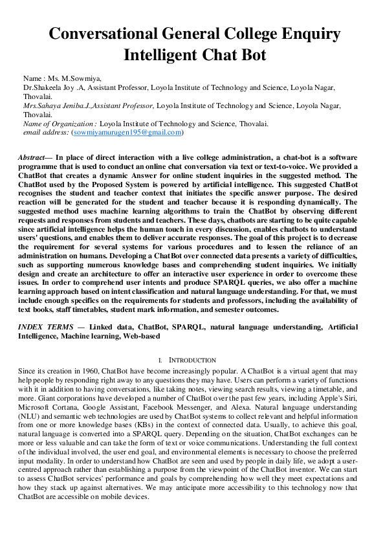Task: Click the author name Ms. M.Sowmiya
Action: coord(69,78)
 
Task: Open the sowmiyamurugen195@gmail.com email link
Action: coord(127,132)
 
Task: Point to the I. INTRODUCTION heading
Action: coord(192,360)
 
